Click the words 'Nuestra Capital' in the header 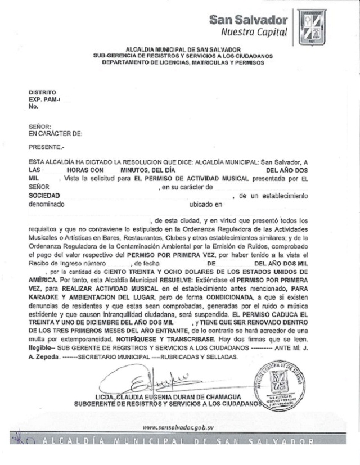point(254,32)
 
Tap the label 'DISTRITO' point(42,92)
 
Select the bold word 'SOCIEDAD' point(44,196)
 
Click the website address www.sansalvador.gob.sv point(181,427)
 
